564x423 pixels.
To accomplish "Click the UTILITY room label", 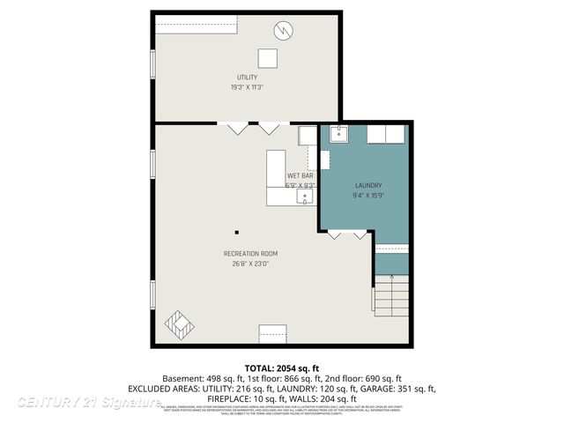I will pos(247,78).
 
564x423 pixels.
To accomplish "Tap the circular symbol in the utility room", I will pos(282,31).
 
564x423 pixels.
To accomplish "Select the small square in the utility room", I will pos(267,58).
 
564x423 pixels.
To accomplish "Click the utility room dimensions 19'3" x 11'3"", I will pos(247,87).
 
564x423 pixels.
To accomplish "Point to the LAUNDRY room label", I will pos(368,185).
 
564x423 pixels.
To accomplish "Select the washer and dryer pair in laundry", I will pos(386,134).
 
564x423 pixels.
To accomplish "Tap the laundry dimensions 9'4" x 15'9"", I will pos(368,196).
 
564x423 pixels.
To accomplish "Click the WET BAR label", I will pos(300,176).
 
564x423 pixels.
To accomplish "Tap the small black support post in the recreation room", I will pos(236,234).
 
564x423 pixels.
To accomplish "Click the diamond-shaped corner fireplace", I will pos(179,324).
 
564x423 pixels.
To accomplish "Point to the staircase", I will pos(391,294).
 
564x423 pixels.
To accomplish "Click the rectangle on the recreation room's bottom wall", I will pos(272,333).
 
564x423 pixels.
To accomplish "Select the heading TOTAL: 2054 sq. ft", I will pos(281,367).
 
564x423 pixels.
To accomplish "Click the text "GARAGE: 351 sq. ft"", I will pos(397,388).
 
